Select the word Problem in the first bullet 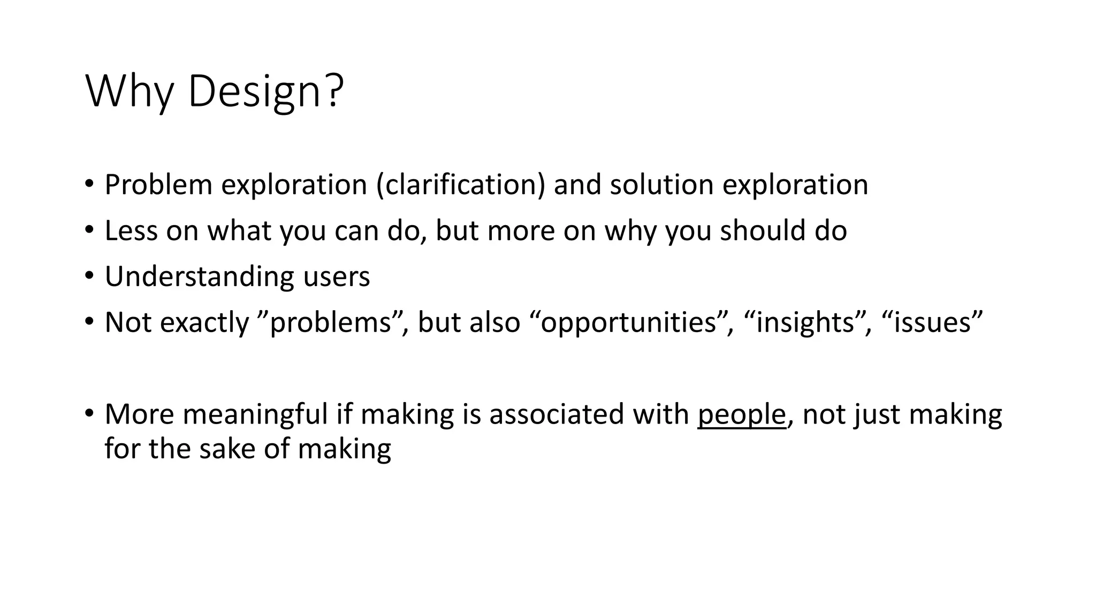pyautogui.click(x=158, y=185)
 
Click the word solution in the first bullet pyautogui.click(x=661, y=185)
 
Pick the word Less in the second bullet pyautogui.click(x=131, y=231)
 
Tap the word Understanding pyautogui.click(x=200, y=277)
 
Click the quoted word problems pyautogui.click(x=330, y=323)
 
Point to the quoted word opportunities pyautogui.click(x=628, y=323)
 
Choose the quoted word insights pyautogui.click(x=805, y=323)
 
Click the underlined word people pyautogui.click(x=742, y=415)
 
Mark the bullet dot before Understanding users pyautogui.click(x=89, y=276)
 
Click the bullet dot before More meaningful pyautogui.click(x=89, y=413)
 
